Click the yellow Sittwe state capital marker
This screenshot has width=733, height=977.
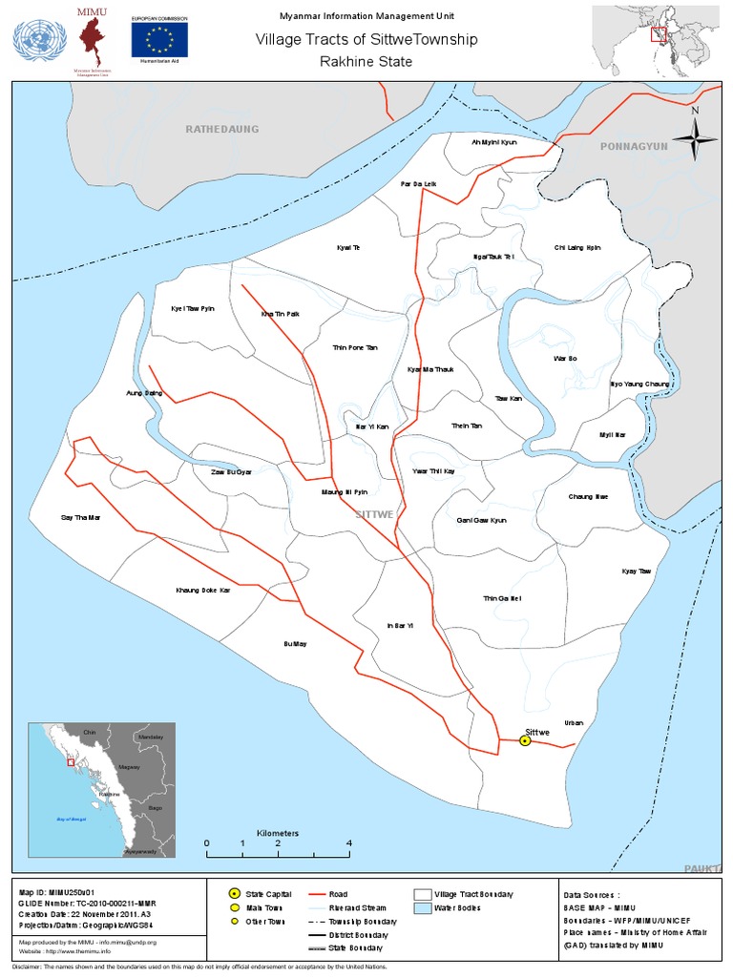pos(525,741)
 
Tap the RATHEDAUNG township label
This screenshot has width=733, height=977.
pos(221,129)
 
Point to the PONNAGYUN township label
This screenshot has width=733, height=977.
pos(634,147)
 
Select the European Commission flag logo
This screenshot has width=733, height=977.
pos(159,39)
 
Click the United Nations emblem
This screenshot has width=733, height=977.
pos(39,41)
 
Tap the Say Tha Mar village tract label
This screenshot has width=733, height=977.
pos(80,517)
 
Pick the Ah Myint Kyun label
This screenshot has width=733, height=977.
pos(493,142)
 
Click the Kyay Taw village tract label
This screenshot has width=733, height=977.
pos(636,571)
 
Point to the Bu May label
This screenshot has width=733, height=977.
pos(296,644)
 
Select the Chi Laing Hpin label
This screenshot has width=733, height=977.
pos(577,247)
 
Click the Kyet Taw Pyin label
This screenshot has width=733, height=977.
pos(193,309)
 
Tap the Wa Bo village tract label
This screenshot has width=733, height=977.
pos(565,358)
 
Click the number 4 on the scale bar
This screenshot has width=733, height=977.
pos(349,843)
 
